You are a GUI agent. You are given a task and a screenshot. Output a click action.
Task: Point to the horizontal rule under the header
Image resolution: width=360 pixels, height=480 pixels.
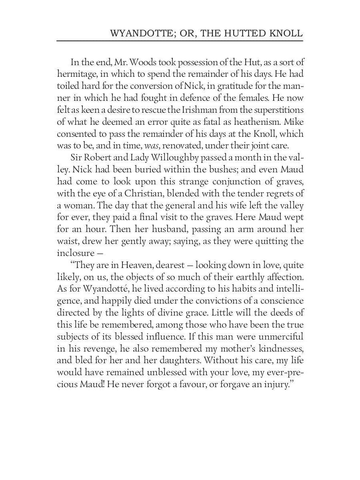tap(180, 41)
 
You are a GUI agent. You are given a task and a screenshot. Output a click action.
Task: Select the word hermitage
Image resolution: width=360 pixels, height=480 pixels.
tap(75, 74)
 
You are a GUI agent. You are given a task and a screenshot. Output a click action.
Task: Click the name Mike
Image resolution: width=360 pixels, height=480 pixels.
tap(294, 122)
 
